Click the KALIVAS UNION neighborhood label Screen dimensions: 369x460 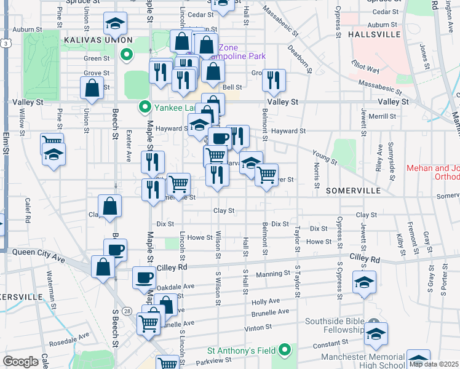pos(90,39)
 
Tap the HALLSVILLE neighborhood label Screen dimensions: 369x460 pos(374,35)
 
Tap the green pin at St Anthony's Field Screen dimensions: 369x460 pos(284,351)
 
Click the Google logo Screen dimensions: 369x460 pos(20,362)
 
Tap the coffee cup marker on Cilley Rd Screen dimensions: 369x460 pos(144,277)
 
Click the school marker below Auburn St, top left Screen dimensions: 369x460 pos(114,23)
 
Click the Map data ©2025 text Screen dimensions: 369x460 pos(433,363)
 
